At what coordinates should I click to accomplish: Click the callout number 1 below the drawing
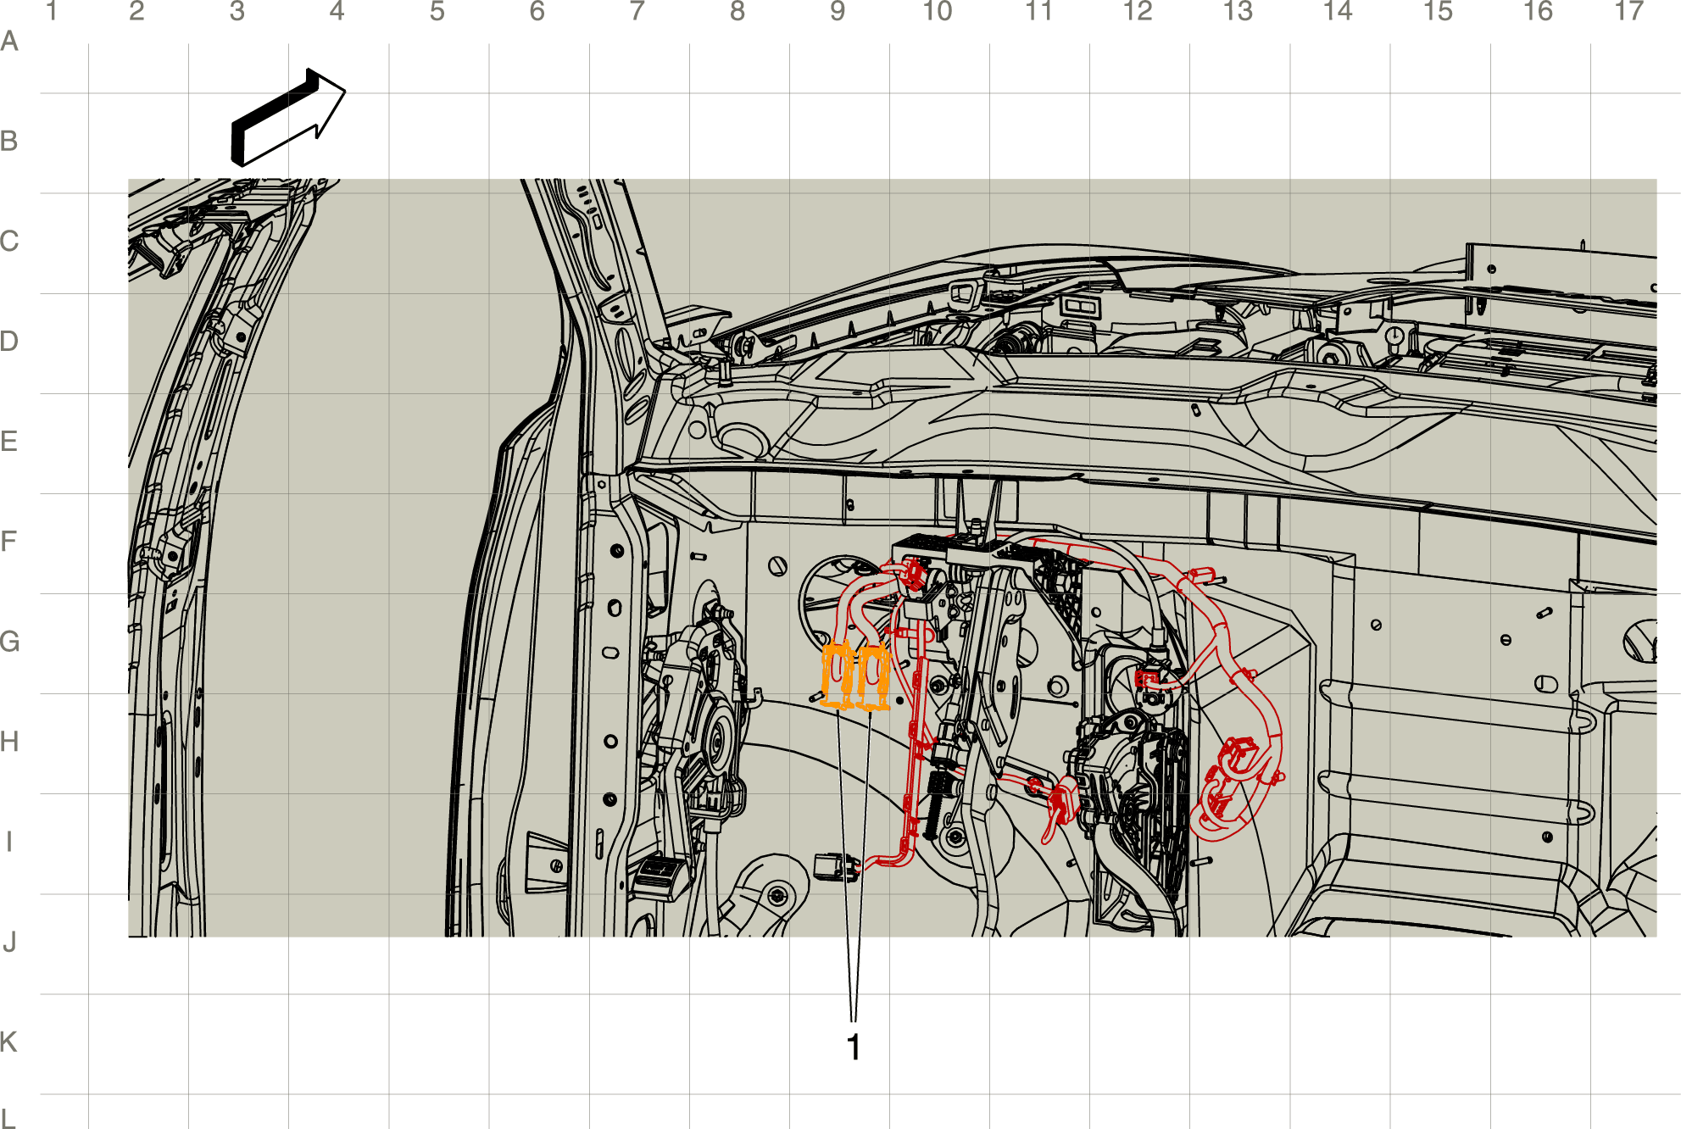854,1048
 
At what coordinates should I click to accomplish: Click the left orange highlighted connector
838,676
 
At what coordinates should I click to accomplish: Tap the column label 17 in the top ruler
1628,12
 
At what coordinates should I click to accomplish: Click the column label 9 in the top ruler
838,12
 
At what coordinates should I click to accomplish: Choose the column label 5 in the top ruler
437,12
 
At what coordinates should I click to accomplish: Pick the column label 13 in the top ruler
1238,12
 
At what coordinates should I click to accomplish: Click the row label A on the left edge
9,42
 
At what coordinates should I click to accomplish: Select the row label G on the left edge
9,642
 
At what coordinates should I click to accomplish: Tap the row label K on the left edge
9,1042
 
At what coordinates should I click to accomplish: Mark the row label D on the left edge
9,342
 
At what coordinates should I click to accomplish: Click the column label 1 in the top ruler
52,12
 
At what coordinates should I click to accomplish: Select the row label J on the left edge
9,942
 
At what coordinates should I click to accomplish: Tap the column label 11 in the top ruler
1038,12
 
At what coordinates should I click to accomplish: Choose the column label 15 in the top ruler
1438,12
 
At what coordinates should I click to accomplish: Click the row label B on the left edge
9,142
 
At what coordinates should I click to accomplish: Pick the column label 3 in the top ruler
237,12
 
